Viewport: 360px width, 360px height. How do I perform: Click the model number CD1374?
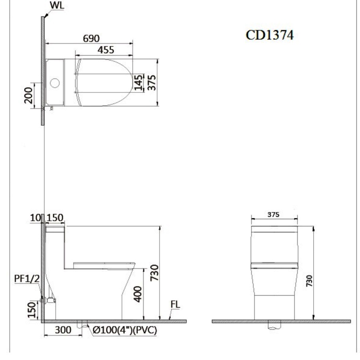[x=270, y=35]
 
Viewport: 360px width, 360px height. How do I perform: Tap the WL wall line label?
[x=57, y=5]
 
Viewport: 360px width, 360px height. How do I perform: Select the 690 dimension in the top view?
[x=91, y=38]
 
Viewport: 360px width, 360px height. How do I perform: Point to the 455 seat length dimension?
[x=106, y=50]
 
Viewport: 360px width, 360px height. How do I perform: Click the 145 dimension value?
[x=138, y=82]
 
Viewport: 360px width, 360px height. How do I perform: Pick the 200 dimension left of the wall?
[x=28, y=95]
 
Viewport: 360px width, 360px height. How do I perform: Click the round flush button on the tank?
[x=55, y=83]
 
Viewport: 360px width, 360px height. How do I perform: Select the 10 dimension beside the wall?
[x=36, y=218]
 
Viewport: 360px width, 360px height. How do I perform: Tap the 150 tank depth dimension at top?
[x=55, y=218]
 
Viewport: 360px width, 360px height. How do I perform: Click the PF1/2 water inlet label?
[x=27, y=279]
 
